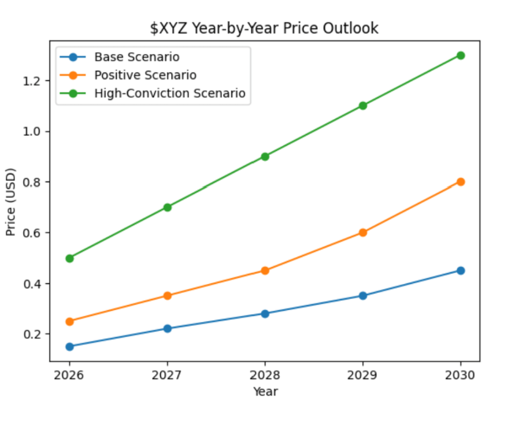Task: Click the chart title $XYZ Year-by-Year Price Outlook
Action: click(x=264, y=28)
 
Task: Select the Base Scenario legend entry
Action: click(x=137, y=57)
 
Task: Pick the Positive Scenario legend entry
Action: click(x=145, y=75)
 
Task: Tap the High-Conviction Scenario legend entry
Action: click(x=169, y=93)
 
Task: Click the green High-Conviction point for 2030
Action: click(x=460, y=55)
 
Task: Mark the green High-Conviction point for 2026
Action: click(x=70, y=258)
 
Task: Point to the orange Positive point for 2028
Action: click(x=265, y=270)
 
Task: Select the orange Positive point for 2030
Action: click(x=460, y=182)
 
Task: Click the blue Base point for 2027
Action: click(x=167, y=328)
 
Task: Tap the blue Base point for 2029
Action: click(x=363, y=296)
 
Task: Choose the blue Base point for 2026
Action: click(x=70, y=347)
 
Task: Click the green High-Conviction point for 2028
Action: click(x=265, y=156)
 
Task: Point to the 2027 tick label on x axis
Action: click(x=167, y=375)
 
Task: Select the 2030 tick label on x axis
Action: click(x=460, y=375)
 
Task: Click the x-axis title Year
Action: click(x=265, y=391)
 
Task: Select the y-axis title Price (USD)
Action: click(x=11, y=201)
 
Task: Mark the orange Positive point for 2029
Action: click(x=363, y=232)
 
